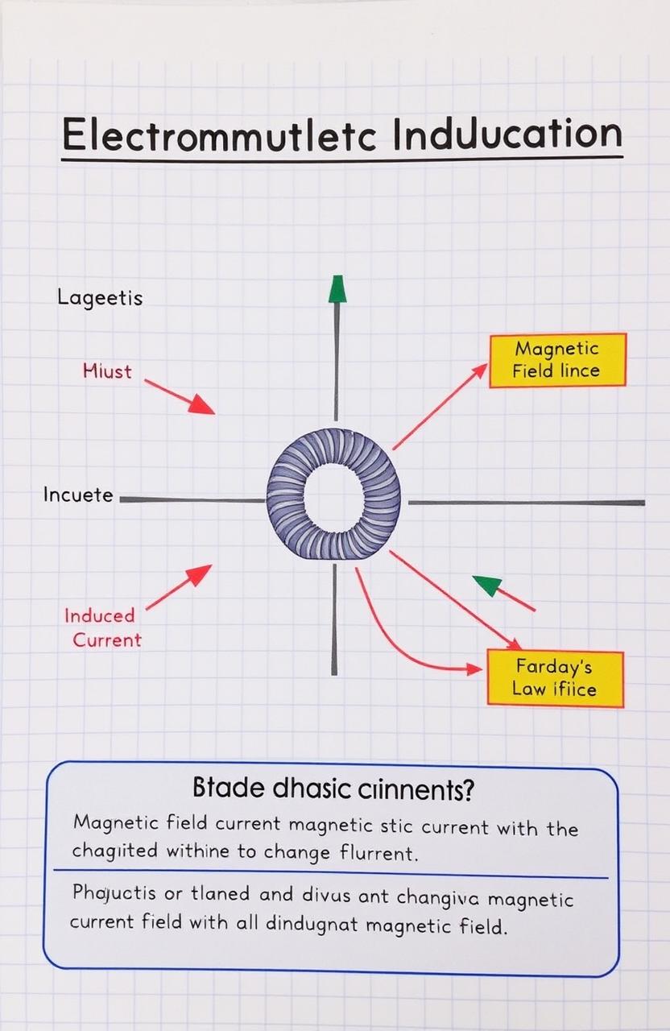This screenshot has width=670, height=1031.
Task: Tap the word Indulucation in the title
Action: pyautogui.click(x=507, y=134)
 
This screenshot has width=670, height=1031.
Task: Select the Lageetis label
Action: pyautogui.click(x=100, y=298)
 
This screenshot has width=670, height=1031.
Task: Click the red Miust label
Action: pyautogui.click(x=107, y=371)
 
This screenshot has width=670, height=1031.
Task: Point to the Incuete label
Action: pyautogui.click(x=78, y=495)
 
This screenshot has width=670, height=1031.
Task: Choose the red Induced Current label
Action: pyautogui.click(x=101, y=627)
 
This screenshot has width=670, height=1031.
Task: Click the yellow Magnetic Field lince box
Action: pyautogui.click(x=556, y=360)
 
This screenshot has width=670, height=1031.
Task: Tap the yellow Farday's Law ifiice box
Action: pyautogui.click(x=555, y=678)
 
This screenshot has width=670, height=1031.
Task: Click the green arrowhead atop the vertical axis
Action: pyautogui.click(x=337, y=289)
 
